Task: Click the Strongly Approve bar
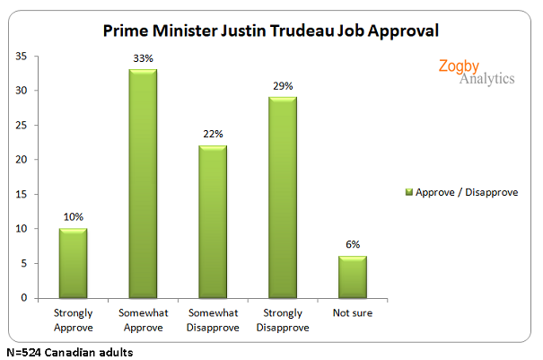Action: click(x=72, y=263)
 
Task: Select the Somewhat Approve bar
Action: click(x=142, y=184)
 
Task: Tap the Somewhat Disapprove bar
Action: click(x=212, y=222)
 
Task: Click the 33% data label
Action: click(x=142, y=60)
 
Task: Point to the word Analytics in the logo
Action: click(x=487, y=79)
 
